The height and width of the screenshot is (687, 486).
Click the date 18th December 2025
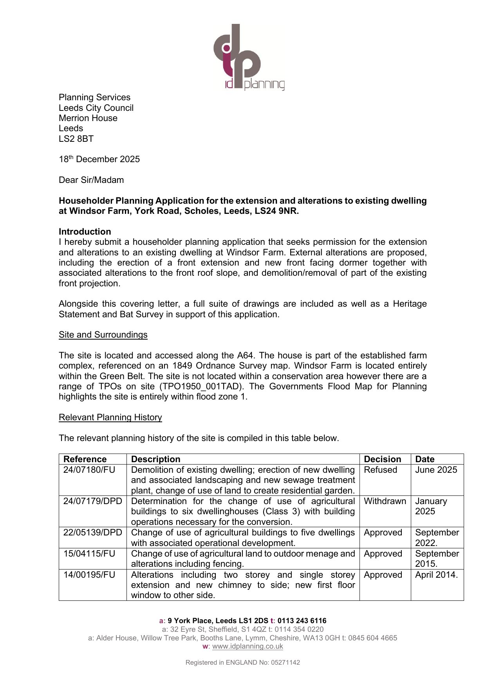[x=99, y=159]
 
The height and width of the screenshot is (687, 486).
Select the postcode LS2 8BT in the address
[x=76, y=139]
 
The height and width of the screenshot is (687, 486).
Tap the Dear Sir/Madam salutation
[x=91, y=180]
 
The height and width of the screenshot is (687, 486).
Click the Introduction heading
[x=85, y=232]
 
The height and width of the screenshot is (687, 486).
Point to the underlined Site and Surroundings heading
[x=103, y=335]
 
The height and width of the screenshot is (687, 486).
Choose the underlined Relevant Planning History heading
[x=110, y=418]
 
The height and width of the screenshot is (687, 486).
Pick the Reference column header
[x=85, y=459]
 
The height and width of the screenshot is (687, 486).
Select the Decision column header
[x=383, y=459]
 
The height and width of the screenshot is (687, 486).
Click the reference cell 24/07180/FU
[x=89, y=470]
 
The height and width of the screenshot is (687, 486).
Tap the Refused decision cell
[x=381, y=470]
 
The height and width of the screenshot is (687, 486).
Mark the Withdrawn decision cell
[x=385, y=501]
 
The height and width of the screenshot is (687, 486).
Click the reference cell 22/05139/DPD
[x=93, y=533]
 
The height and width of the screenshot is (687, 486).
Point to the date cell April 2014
[x=436, y=575]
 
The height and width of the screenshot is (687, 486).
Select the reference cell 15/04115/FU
[x=89, y=554]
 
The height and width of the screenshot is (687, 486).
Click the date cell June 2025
[x=436, y=470]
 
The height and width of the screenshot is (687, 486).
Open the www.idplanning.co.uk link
[x=248, y=647]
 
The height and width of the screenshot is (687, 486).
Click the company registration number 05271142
[x=285, y=663]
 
